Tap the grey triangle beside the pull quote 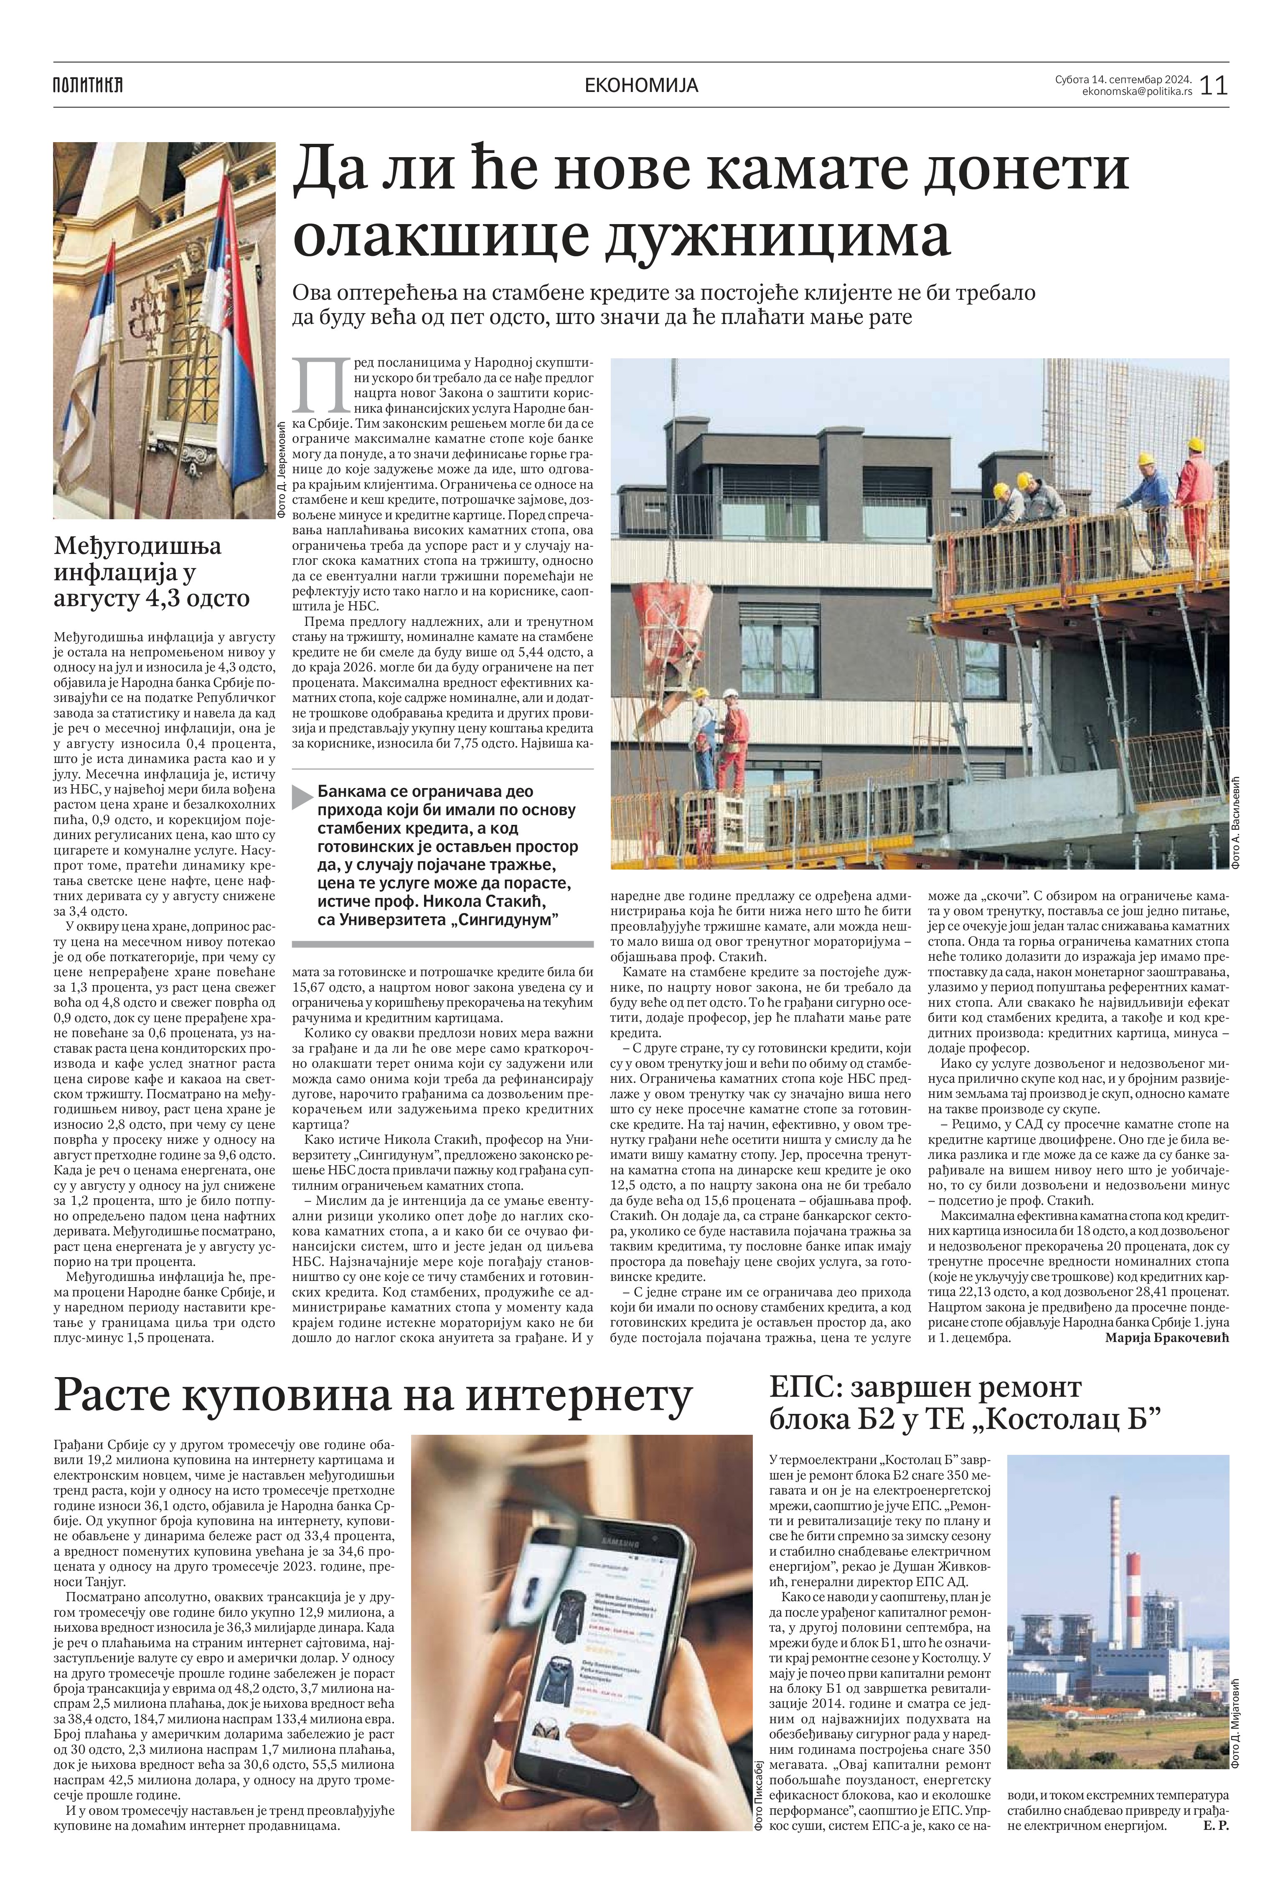click(303, 797)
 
